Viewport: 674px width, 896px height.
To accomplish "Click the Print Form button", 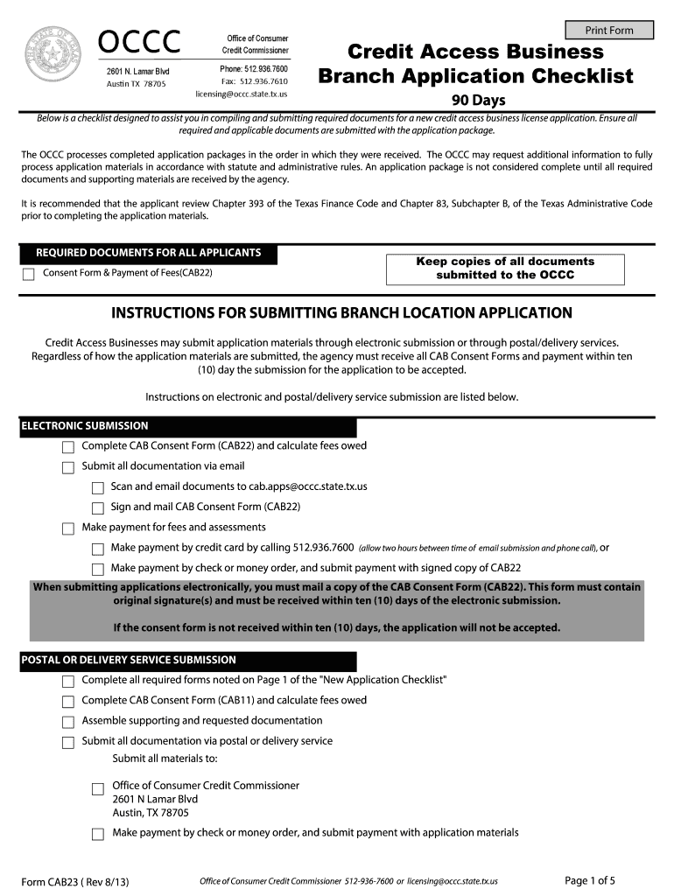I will [609, 30].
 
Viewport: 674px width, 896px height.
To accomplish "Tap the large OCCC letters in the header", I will [140, 41].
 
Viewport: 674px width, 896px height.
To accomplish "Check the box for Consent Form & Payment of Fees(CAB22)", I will [28, 274].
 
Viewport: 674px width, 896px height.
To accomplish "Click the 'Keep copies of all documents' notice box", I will [505, 269].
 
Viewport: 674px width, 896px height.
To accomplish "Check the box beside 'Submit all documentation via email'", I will [68, 467].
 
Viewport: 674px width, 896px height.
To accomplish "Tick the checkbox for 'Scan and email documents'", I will [98, 487].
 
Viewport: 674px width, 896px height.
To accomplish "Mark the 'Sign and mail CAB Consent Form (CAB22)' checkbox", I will [98, 507].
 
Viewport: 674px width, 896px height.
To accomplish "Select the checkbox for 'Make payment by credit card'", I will [98, 549].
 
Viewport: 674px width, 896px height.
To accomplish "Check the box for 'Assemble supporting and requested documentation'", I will [68, 722].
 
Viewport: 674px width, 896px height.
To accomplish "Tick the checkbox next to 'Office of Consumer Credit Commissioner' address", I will [98, 788].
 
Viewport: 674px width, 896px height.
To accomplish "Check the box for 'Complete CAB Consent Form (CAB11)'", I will [68, 702].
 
